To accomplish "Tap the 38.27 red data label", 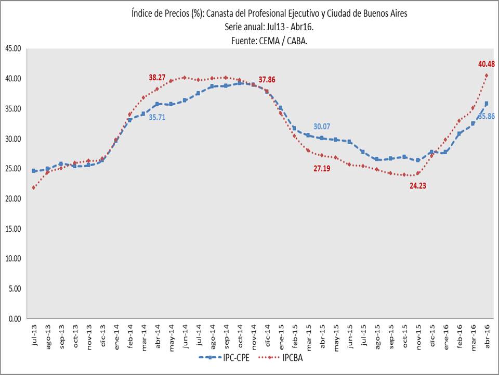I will pyautogui.click(x=157, y=77).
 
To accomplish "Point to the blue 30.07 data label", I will pyautogui.click(x=322, y=127).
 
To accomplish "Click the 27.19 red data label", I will pyautogui.click(x=322, y=168).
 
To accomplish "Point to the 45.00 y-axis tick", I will pyautogui.click(x=12, y=48).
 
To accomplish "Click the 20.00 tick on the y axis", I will pyautogui.click(x=12, y=199).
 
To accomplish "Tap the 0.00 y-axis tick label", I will pyautogui.click(x=14, y=319).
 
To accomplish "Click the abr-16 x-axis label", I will pyautogui.click(x=487, y=332).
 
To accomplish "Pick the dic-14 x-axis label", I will pyautogui.click(x=267, y=332).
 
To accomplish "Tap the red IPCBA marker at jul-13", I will pyautogui.click(x=34, y=187).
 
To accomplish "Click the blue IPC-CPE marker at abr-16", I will pyautogui.click(x=487, y=104).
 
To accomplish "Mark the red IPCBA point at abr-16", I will pyautogui.click(x=487, y=76).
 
